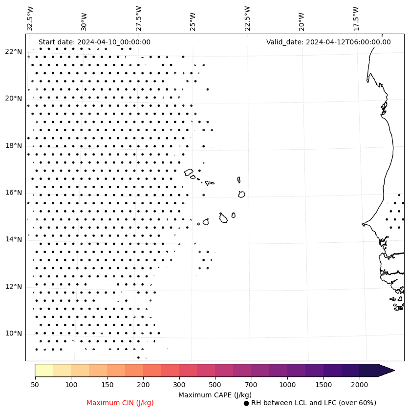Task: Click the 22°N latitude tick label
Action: [x=13, y=52]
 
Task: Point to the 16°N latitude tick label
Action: [x=13, y=193]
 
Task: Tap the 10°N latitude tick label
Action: [x=13, y=334]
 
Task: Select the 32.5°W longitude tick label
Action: [x=30, y=19]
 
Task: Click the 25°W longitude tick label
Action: [x=193, y=19]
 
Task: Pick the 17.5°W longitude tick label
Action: [x=356, y=19]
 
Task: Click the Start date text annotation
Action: [x=94, y=42]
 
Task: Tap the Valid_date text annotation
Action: [x=328, y=42]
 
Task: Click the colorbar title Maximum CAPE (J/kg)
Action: [x=215, y=394]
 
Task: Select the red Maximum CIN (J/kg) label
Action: [x=120, y=403]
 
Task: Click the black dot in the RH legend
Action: [x=246, y=403]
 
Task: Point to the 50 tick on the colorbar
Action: [x=35, y=385]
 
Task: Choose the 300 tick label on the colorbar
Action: [x=179, y=385]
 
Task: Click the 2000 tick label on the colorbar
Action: [x=360, y=385]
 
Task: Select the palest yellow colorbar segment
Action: [x=43, y=370]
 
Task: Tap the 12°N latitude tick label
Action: [x=13, y=287]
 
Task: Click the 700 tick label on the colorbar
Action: [x=251, y=385]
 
